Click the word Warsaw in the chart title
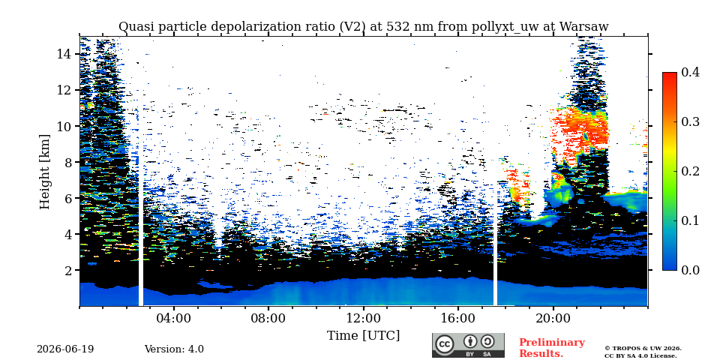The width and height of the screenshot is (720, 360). click(584, 27)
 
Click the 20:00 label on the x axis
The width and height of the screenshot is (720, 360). click(553, 318)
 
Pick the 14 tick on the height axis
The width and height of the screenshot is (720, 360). click(64, 54)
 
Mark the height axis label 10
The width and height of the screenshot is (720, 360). click(64, 126)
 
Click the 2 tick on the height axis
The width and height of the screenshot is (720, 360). click(68, 270)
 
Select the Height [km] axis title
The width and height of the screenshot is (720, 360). click(44, 171)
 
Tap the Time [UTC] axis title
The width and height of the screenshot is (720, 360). click(363, 336)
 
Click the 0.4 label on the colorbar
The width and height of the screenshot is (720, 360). click(690, 72)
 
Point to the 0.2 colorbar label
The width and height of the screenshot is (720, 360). click(690, 171)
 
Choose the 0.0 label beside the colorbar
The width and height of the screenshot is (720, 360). click(690, 269)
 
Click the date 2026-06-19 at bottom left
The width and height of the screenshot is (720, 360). click(65, 349)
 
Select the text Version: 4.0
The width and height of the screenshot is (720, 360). click(174, 349)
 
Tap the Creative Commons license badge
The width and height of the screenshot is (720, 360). click(468, 345)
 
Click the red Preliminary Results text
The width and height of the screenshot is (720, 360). click(551, 347)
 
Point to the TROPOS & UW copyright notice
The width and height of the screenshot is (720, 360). click(643, 352)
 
